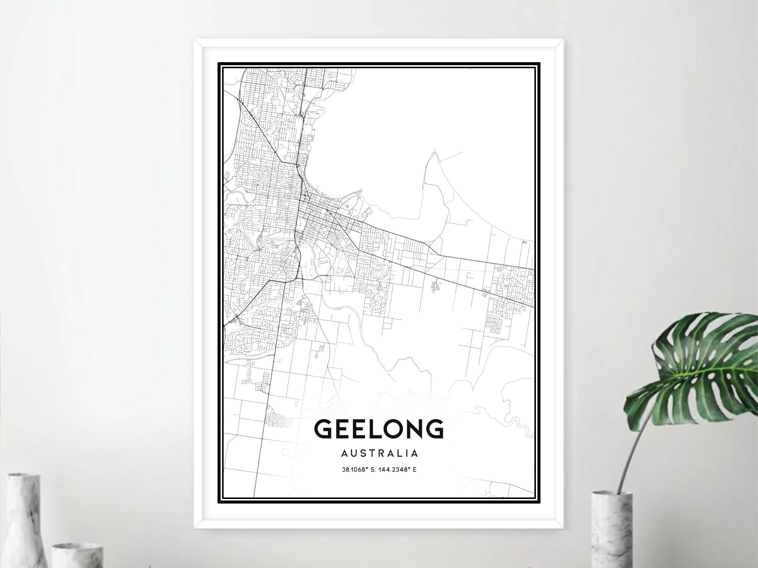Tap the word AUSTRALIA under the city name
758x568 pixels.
[379, 453]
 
